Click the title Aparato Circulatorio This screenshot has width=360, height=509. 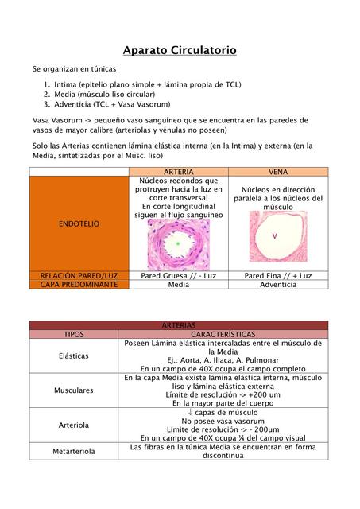(180, 51)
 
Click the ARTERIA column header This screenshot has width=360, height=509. (177, 172)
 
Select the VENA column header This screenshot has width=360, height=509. (278, 172)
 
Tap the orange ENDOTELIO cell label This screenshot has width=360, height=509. (79, 224)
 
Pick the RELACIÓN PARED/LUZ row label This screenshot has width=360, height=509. (79, 275)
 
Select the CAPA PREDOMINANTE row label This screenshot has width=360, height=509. (79, 284)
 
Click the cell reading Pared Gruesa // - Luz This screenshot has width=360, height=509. (178, 275)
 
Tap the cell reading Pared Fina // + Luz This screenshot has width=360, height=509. (278, 275)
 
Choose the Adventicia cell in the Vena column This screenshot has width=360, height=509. (278, 284)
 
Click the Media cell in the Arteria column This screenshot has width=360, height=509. (178, 284)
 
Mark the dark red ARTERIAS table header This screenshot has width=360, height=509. (179, 326)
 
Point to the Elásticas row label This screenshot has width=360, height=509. (72, 356)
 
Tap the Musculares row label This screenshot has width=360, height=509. (72, 390)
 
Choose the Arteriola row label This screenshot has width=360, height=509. (72, 425)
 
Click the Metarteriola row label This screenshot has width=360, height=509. (72, 451)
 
